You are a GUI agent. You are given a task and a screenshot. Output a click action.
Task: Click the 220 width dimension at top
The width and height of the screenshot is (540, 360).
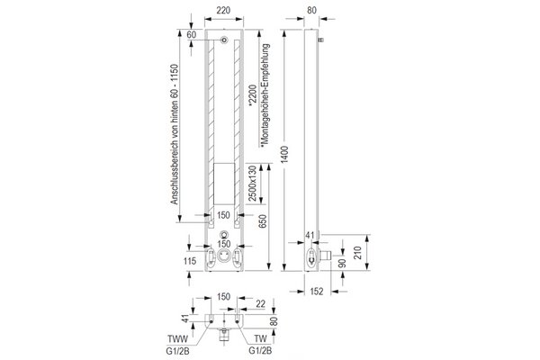tap(223, 10)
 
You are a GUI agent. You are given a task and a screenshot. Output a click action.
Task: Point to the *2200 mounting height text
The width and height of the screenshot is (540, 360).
tap(253, 95)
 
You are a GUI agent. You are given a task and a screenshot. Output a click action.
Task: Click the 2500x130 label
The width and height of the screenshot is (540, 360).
tap(253, 184)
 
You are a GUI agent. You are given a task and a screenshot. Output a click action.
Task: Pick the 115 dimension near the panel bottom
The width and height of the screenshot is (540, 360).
tap(190, 261)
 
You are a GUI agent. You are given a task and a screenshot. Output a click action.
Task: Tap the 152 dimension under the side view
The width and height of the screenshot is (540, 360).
tap(317, 292)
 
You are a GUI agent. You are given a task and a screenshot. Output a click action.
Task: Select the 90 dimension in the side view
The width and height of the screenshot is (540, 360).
tap(342, 263)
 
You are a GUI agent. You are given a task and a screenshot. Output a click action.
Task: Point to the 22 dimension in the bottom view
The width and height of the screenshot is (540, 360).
tap(261, 303)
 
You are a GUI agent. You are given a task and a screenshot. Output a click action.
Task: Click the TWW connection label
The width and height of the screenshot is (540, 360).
tap(177, 339)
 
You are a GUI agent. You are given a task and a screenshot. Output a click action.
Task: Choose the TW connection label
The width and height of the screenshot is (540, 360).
tap(260, 339)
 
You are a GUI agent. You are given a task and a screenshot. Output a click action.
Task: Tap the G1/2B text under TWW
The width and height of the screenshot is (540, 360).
tap(177, 351)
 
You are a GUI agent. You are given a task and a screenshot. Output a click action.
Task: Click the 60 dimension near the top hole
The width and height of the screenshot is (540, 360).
tap(192, 34)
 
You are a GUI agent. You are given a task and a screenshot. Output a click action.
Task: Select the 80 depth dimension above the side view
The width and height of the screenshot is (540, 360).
tap(311, 10)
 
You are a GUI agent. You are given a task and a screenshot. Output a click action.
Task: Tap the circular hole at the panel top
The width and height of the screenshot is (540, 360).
tap(224, 40)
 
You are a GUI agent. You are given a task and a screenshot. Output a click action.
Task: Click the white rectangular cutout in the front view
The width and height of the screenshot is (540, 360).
tap(224, 184)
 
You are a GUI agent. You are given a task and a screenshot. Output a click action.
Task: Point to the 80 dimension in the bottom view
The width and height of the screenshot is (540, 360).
tap(274, 321)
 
